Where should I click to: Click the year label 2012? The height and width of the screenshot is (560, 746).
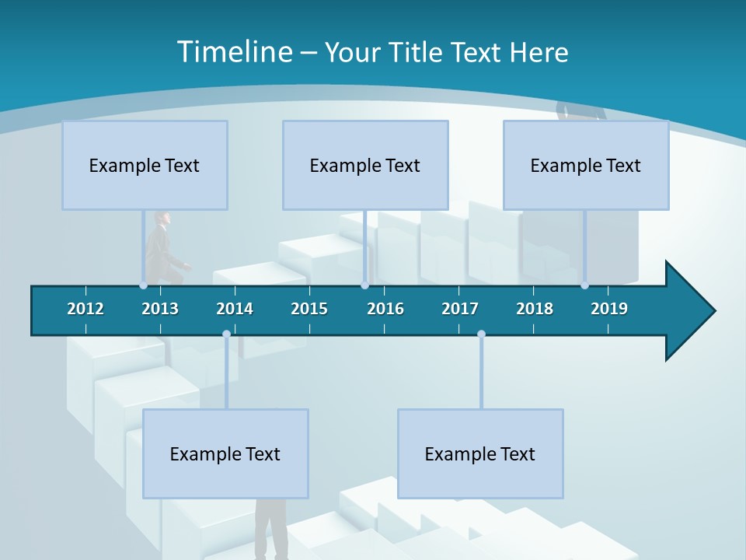pos(85,309)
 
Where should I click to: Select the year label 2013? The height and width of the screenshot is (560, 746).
pos(160,309)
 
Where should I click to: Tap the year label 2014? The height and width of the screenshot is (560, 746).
pos(235,309)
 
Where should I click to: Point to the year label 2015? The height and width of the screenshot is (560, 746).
pos(309,309)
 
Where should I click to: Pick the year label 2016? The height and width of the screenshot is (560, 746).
pos(385,309)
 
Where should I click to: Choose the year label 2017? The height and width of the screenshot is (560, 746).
pos(460,309)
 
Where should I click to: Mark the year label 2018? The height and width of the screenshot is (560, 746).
pos(535,309)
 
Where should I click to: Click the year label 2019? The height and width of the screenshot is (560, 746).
pos(609,309)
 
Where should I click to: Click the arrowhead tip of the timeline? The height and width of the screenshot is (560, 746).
pos(713,311)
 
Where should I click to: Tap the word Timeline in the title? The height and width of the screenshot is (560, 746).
pos(233,52)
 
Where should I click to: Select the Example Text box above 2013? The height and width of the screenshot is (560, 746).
pos(145,165)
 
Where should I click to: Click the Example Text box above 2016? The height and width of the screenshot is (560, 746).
pos(365,165)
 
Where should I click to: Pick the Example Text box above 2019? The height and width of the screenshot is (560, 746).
pos(586,165)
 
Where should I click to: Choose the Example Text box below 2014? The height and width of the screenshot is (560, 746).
pos(225,453)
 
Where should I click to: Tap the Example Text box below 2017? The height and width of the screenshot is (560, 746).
pos(480,453)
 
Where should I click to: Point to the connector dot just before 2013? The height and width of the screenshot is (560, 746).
pos(144,285)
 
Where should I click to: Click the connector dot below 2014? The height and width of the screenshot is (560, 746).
pos(226,334)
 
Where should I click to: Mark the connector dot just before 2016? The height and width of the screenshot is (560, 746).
pos(364,285)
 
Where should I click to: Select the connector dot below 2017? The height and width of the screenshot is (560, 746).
pos(481,334)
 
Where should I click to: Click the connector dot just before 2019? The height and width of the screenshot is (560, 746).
pos(584,285)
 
